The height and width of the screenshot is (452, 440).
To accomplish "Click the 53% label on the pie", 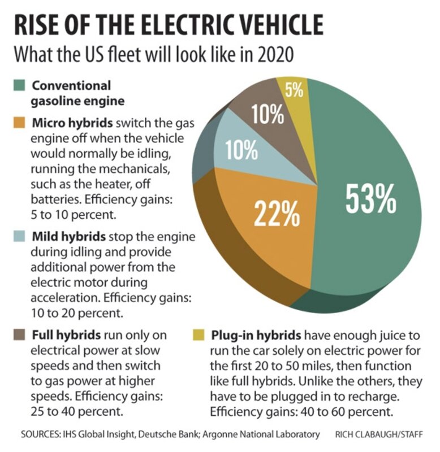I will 370,197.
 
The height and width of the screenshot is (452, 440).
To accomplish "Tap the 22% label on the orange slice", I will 276,214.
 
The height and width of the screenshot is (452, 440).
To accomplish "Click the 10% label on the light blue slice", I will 241,150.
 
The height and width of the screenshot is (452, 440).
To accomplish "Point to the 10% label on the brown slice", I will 267,115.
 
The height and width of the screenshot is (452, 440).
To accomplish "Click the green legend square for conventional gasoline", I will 19,86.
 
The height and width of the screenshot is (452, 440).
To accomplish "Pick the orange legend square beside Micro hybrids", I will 19,123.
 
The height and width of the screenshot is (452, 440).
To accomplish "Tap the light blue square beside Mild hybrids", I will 19,236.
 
